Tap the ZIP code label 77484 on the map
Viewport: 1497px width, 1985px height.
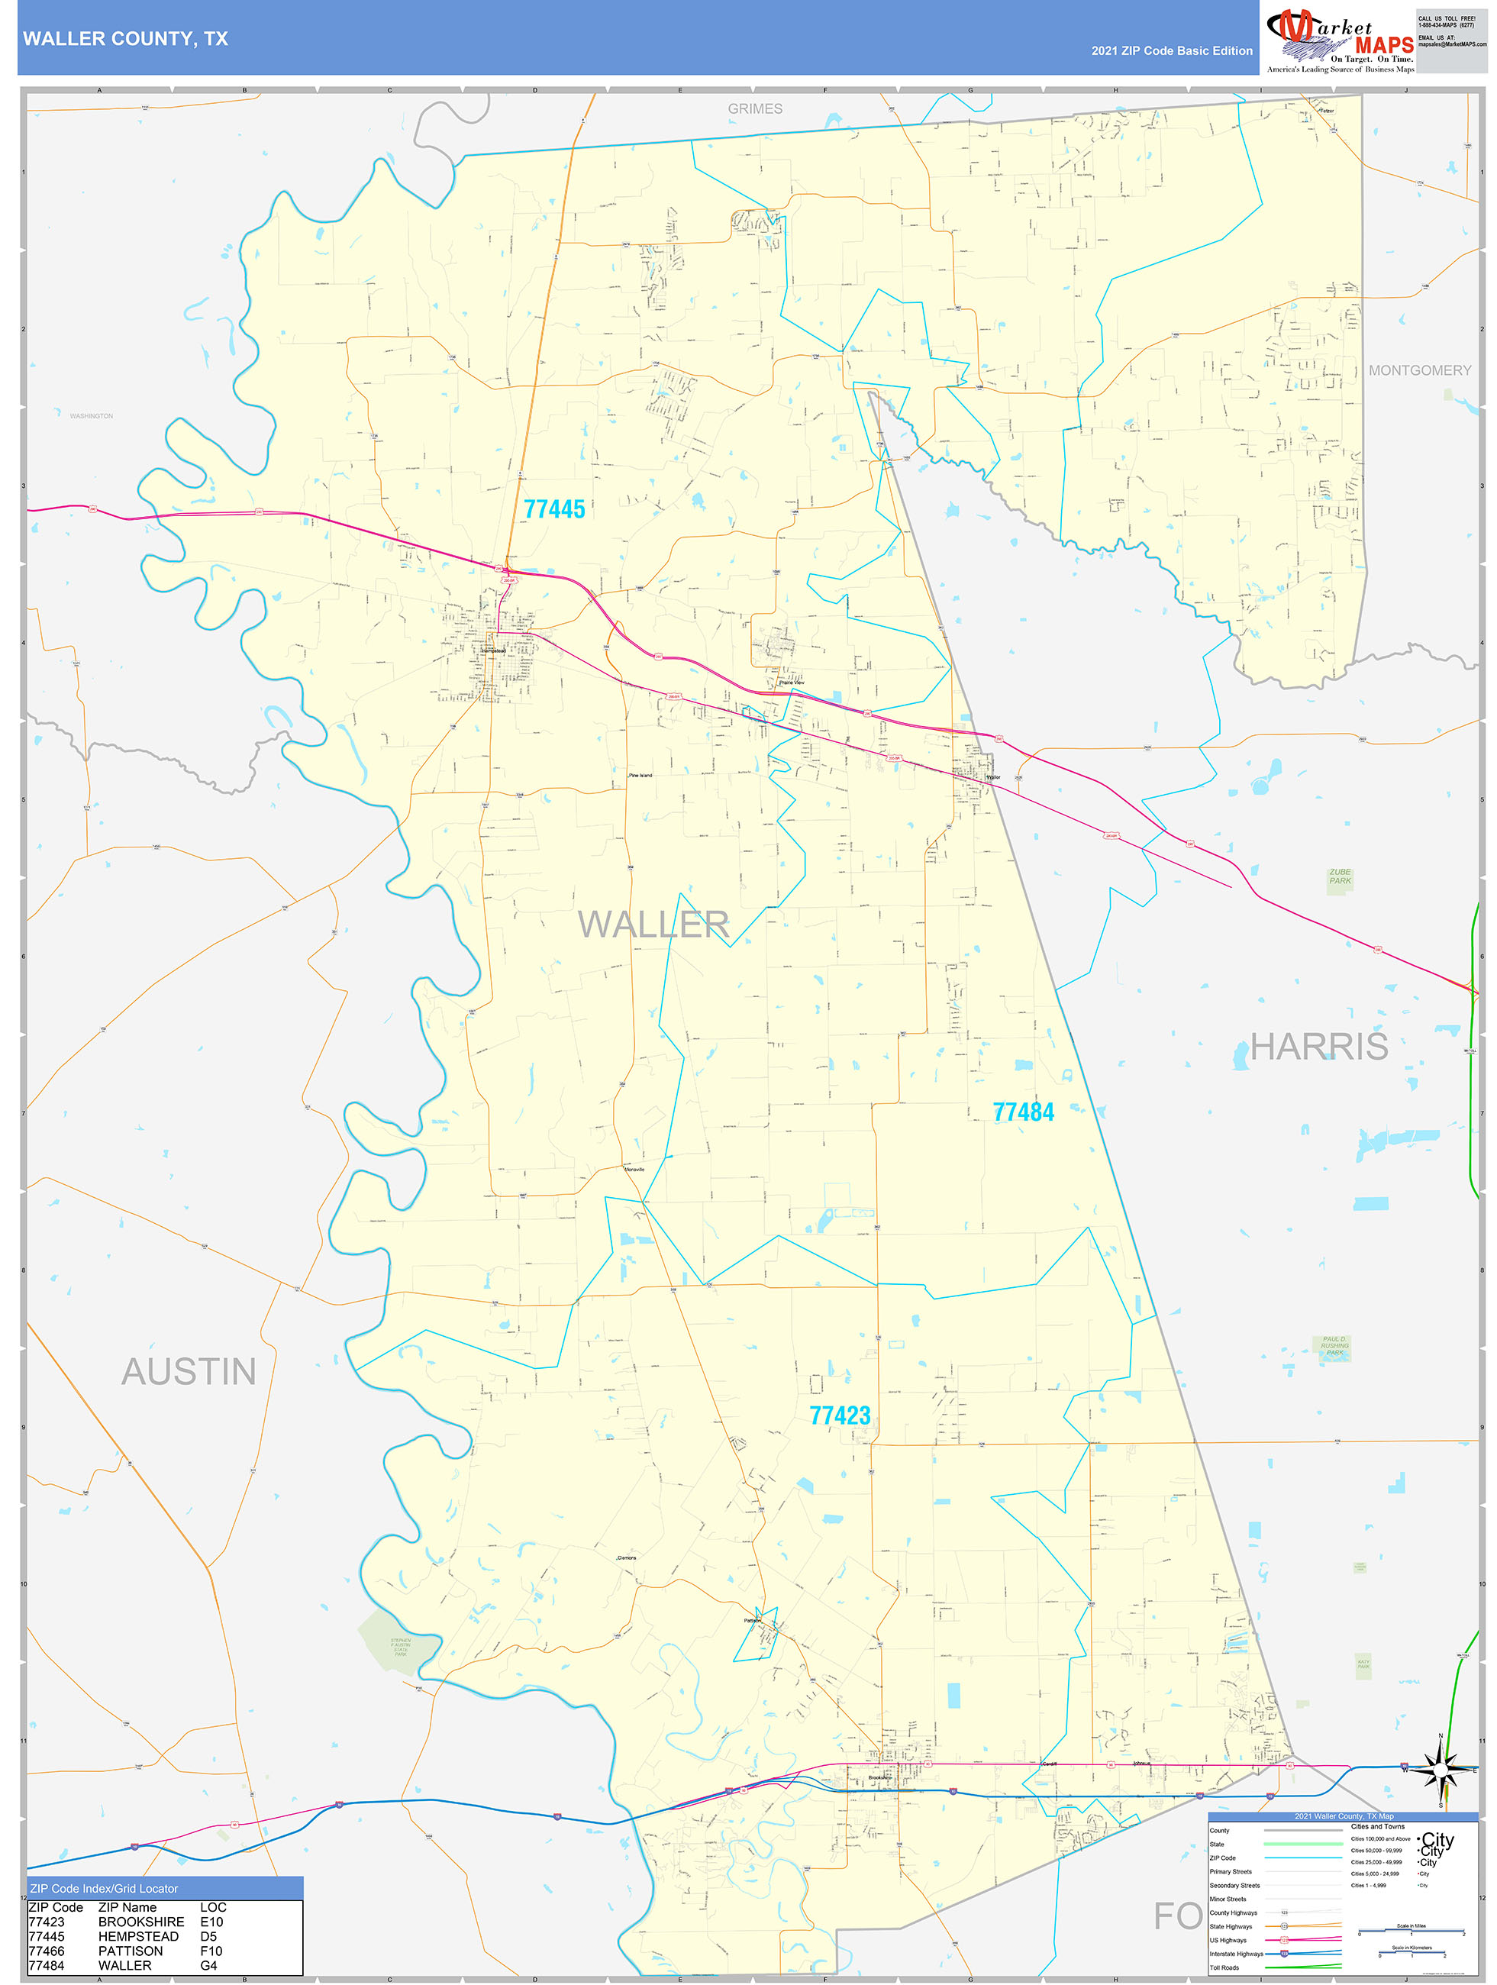1023,1112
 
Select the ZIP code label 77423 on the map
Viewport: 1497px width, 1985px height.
839,1415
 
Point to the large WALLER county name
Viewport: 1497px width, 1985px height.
653,925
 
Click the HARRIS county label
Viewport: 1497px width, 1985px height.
1318,1047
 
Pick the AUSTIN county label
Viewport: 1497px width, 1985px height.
189,1371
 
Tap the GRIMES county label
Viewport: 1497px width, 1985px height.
755,108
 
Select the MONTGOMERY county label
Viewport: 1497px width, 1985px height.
1419,370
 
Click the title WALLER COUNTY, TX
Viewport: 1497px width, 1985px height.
126,39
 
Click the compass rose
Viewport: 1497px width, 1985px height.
1441,1769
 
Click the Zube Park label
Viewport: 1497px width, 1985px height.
1339,876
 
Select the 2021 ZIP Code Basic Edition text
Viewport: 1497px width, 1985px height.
1171,51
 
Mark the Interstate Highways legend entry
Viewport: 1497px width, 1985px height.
1237,1954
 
